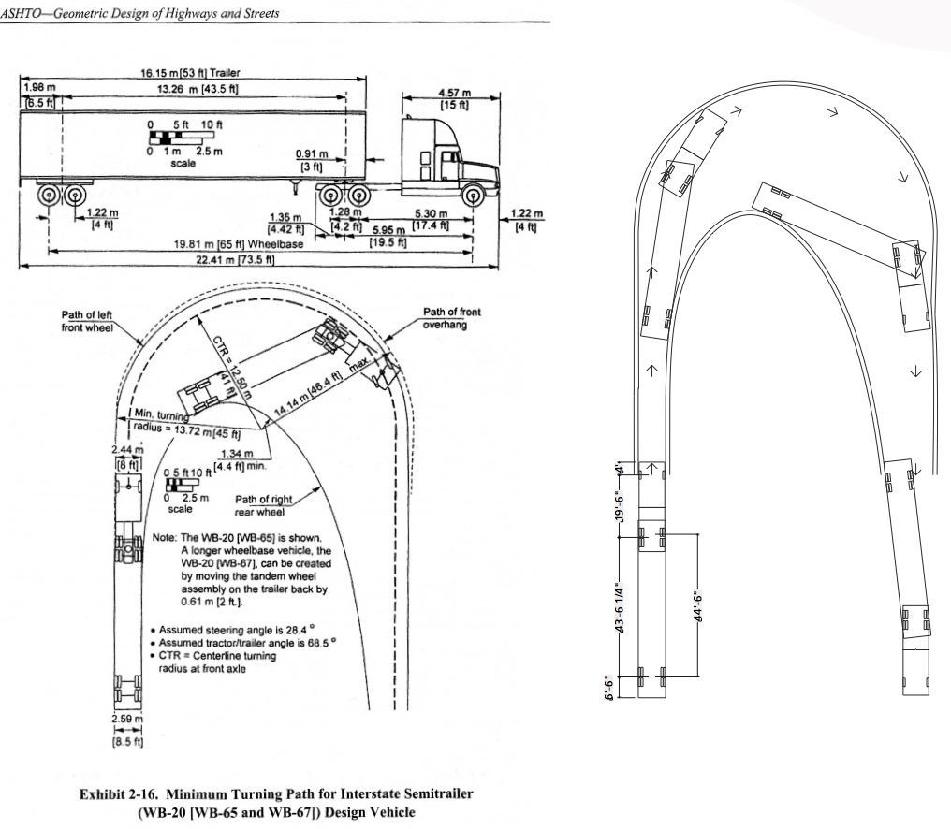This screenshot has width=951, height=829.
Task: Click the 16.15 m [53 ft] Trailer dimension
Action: [x=191, y=72]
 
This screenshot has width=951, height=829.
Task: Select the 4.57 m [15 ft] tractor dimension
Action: [x=454, y=99]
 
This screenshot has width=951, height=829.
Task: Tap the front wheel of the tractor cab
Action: [x=473, y=196]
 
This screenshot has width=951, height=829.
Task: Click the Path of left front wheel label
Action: [x=87, y=321]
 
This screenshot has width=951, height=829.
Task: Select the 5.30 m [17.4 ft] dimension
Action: [x=432, y=218]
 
